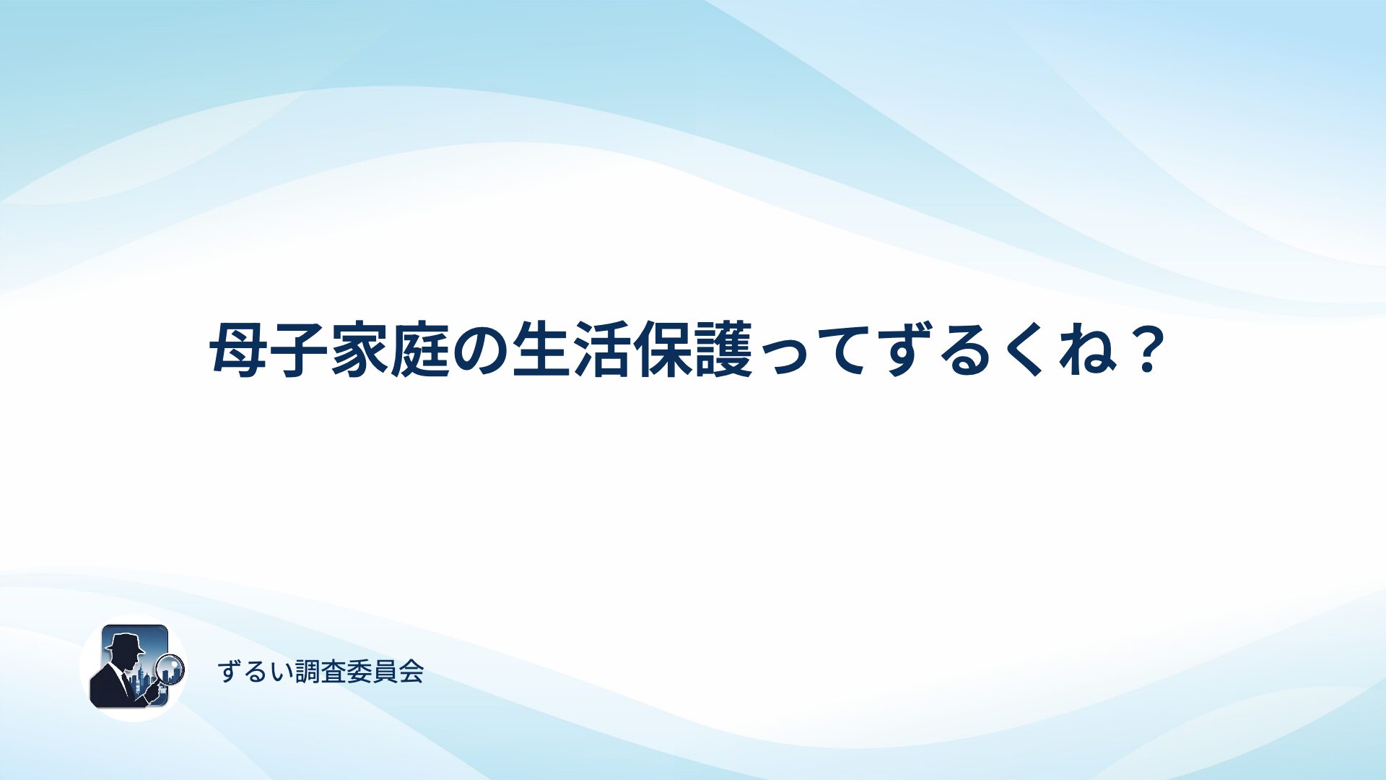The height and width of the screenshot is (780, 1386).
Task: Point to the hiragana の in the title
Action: click(x=481, y=351)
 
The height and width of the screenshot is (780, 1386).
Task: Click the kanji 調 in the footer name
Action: click(x=308, y=672)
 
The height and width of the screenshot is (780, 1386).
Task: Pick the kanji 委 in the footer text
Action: click(x=359, y=672)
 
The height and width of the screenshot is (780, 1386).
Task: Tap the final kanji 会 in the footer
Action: click(x=411, y=672)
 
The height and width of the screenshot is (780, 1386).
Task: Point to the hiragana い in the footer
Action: click(x=282, y=672)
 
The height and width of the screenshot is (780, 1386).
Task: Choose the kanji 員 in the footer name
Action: click(x=385, y=672)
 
